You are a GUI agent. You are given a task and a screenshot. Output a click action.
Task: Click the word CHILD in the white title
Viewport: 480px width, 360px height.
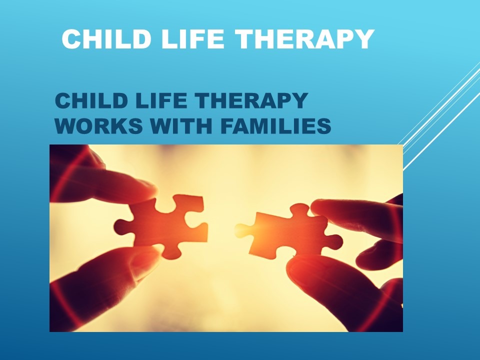[106, 39]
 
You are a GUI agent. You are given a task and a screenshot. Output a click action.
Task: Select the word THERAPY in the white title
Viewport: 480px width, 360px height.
[305, 39]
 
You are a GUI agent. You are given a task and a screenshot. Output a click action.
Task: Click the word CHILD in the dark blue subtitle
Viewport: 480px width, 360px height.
[91, 100]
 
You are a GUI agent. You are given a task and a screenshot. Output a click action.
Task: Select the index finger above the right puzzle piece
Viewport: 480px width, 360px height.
[356, 217]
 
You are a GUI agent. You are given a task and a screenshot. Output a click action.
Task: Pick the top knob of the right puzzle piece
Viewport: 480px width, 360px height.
[299, 210]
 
